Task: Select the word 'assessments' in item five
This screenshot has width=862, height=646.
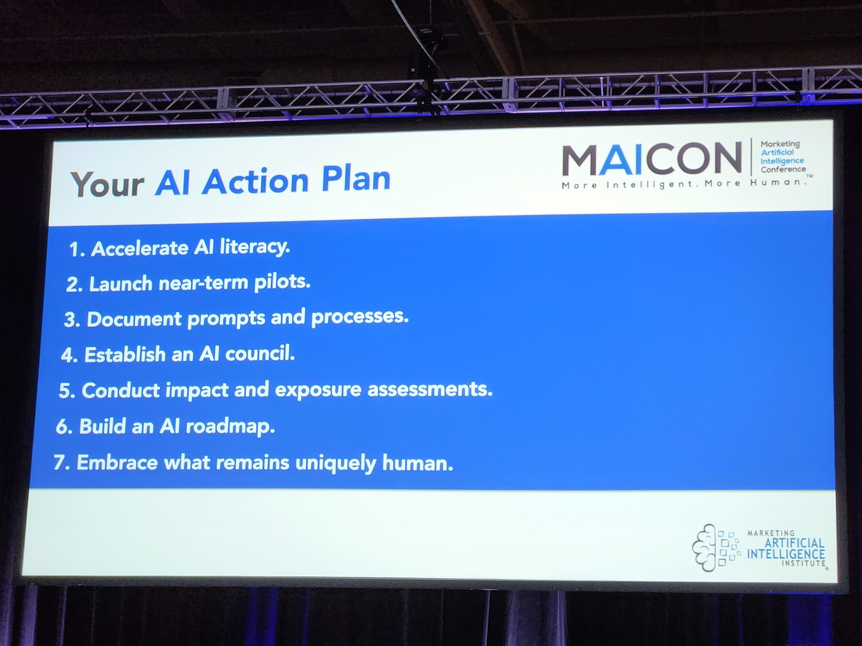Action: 429,390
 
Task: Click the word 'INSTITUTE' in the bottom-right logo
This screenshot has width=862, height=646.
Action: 803,563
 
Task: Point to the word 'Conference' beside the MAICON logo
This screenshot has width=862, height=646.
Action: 783,169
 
